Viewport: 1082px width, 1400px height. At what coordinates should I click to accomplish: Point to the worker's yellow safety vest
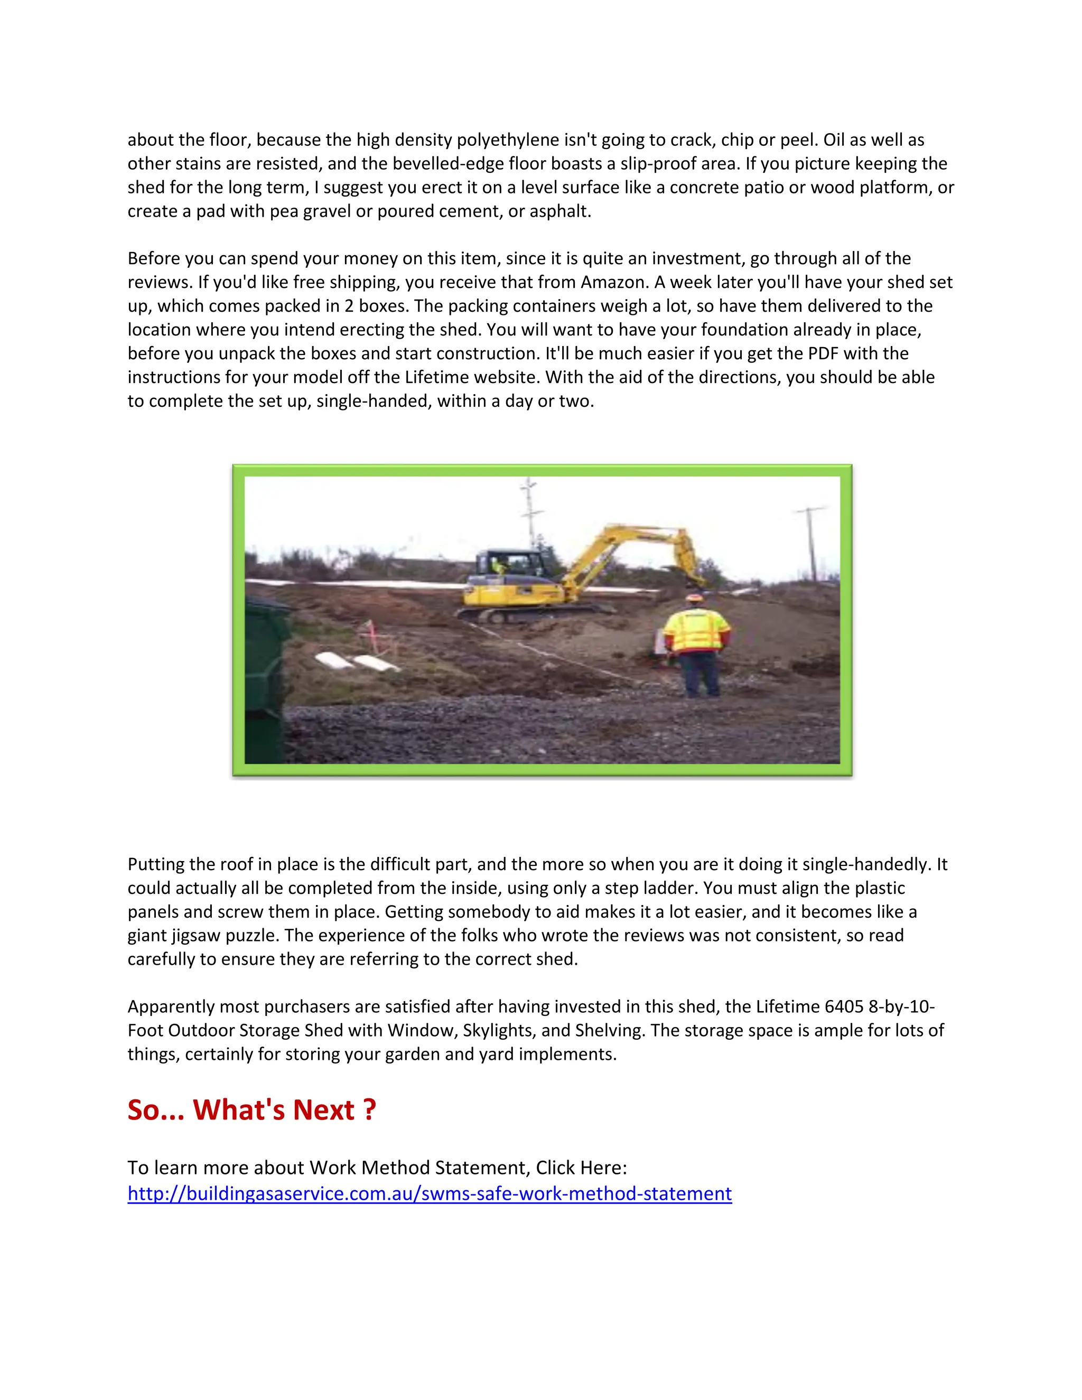(x=697, y=631)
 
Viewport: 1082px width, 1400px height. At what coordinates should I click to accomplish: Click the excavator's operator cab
(x=510, y=564)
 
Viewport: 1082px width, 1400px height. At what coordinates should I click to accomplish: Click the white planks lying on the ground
(x=356, y=661)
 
